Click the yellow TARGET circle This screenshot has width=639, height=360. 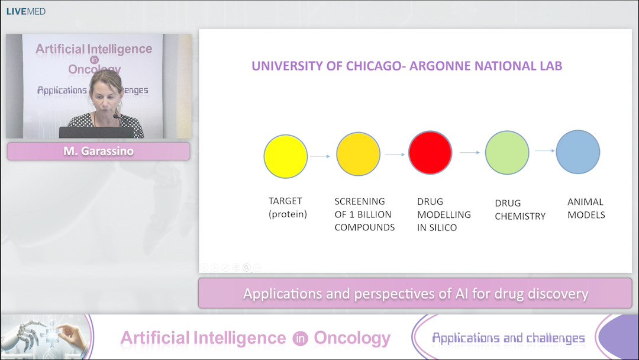click(286, 156)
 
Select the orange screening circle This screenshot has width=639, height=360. click(358, 154)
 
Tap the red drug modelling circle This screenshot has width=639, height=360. click(430, 153)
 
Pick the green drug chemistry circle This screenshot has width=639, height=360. click(507, 152)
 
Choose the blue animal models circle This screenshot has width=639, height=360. click(578, 152)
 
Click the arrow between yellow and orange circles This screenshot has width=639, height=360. click(321, 156)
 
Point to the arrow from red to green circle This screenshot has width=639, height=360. click(469, 152)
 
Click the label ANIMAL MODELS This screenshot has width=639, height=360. click(586, 208)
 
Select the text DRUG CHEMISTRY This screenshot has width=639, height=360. click(520, 210)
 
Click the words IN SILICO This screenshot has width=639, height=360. click(437, 227)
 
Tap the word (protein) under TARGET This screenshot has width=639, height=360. click(288, 214)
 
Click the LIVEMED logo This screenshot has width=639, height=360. click(26, 11)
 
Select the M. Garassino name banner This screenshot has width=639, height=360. click(98, 152)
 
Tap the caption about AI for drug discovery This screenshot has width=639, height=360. click(415, 294)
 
